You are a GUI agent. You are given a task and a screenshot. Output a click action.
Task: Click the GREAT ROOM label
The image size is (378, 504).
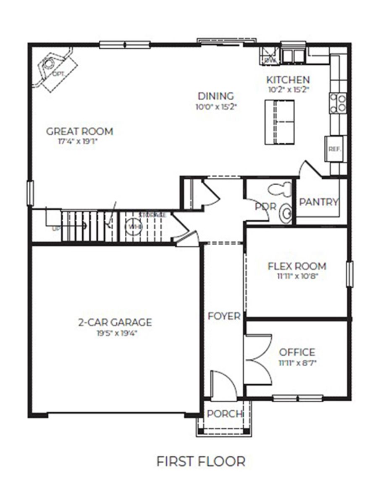click(x=79, y=131)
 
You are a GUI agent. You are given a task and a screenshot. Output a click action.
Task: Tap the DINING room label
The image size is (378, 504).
click(x=216, y=96)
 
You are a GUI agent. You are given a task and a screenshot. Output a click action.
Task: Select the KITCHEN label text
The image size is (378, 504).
click(x=288, y=79)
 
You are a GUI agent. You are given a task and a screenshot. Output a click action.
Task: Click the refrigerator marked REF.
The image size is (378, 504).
click(x=335, y=149)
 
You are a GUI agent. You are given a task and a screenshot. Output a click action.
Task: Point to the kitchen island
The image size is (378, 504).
click(x=278, y=122)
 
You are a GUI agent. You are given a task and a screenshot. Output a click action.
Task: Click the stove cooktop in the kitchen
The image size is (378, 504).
click(x=338, y=103)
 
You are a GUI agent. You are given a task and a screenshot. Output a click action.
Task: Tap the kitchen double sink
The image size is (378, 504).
click(x=293, y=55)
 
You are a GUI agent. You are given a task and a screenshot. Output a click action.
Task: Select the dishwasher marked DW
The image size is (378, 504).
click(x=269, y=56)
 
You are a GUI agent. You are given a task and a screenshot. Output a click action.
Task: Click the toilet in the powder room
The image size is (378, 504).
click(x=280, y=189)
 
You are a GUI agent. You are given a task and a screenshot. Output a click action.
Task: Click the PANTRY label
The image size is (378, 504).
click(x=318, y=202)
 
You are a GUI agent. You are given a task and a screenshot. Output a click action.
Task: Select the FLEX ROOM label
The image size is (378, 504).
click(x=297, y=266)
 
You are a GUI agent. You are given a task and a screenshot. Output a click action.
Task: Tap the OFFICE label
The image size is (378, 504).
click(x=297, y=352)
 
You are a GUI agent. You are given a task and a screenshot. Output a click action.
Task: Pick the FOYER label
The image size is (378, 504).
click(x=224, y=316)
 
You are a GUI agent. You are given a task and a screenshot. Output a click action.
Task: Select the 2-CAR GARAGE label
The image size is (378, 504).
click(x=115, y=323)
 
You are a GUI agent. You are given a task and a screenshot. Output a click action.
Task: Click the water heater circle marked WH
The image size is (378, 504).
click(x=133, y=226)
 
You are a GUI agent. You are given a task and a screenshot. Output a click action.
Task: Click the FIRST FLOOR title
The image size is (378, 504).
click(x=201, y=461)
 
